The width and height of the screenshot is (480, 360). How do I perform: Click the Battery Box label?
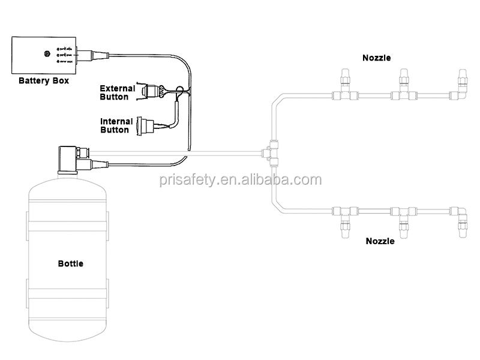point(43,80)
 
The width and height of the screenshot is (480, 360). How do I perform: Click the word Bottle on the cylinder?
point(71,263)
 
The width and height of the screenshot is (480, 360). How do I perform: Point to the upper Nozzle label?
point(377,58)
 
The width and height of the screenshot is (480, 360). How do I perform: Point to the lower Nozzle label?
point(380,241)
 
